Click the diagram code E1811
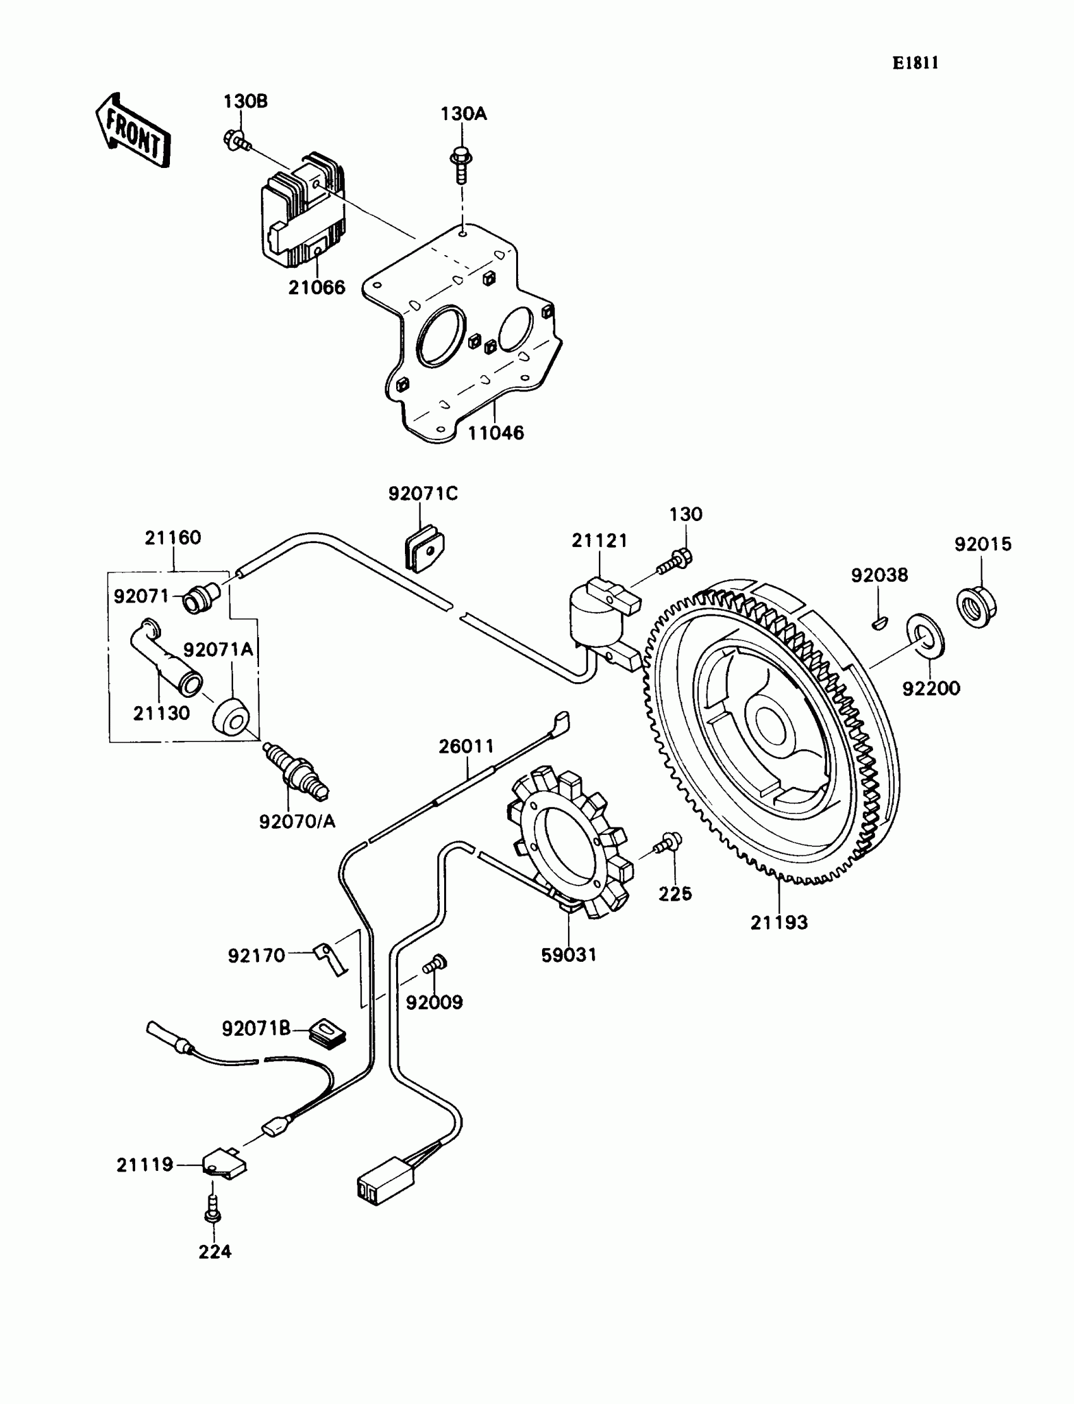click(915, 63)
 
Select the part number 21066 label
click(317, 287)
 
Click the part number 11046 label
click(495, 433)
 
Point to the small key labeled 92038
click(879, 620)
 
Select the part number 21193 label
click(778, 922)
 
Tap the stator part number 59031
click(569, 955)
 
